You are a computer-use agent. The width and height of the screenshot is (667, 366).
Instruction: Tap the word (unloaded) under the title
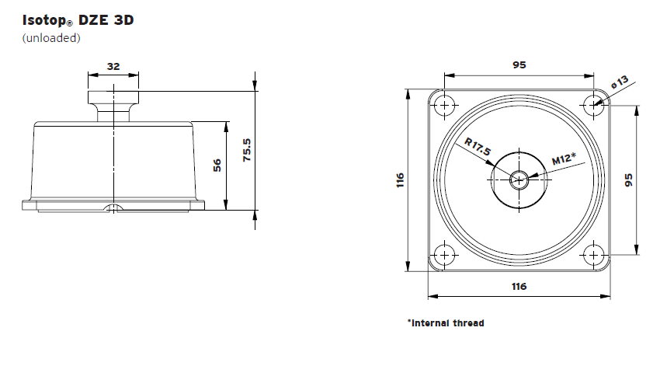coord(51,37)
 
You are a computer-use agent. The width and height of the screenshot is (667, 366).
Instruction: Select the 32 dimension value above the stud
coord(113,67)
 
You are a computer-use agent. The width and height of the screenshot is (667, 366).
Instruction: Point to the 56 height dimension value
coord(217,165)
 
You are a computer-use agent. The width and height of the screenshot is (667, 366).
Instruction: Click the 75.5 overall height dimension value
coord(246,149)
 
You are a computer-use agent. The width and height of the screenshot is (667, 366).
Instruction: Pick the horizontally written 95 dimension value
coord(519,65)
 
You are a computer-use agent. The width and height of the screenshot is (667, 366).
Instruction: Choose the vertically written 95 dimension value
coord(629,180)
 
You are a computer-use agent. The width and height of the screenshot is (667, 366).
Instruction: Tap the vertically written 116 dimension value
coord(400,180)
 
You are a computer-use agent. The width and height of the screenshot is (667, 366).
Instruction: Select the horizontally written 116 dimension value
coord(519,287)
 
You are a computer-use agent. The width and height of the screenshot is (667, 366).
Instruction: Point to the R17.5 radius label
coord(478,147)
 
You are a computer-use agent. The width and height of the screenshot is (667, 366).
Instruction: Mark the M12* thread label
coord(564,159)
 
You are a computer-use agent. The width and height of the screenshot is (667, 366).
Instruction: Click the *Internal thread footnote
coord(445,322)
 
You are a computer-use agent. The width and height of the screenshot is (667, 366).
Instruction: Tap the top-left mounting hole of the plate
coord(443,104)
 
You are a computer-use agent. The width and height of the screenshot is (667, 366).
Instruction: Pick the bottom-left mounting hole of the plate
coord(443,255)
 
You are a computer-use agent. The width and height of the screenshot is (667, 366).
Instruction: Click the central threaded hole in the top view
coord(519,180)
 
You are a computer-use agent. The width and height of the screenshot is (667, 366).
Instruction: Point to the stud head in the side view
coord(113,98)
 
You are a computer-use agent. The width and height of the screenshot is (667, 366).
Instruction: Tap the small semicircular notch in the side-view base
coord(113,207)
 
